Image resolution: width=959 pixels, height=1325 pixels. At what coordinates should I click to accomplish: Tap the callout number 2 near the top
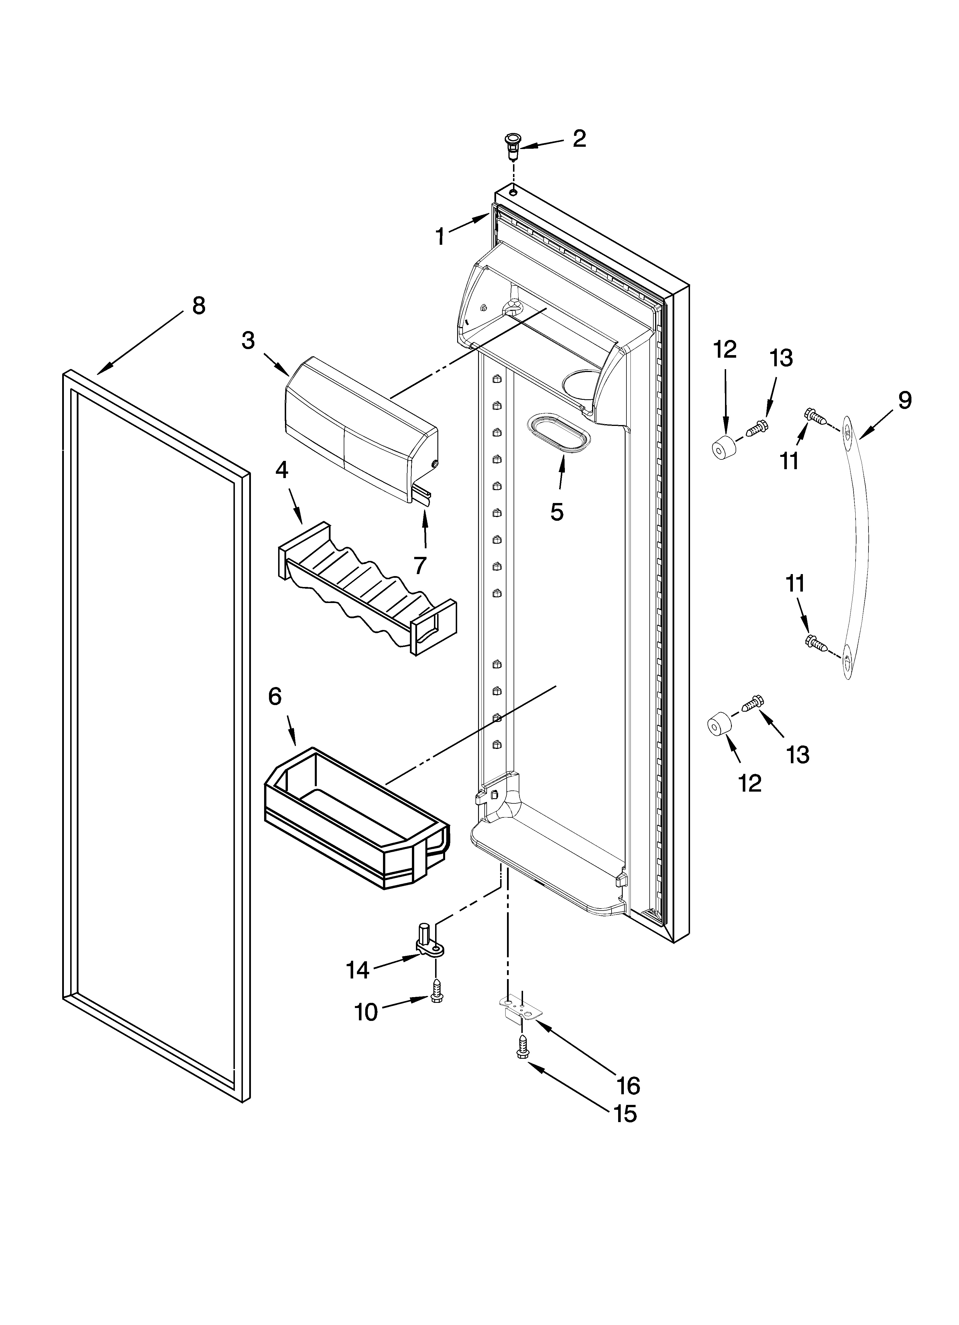[579, 138]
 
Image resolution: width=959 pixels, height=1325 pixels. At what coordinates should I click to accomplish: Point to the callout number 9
[904, 400]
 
